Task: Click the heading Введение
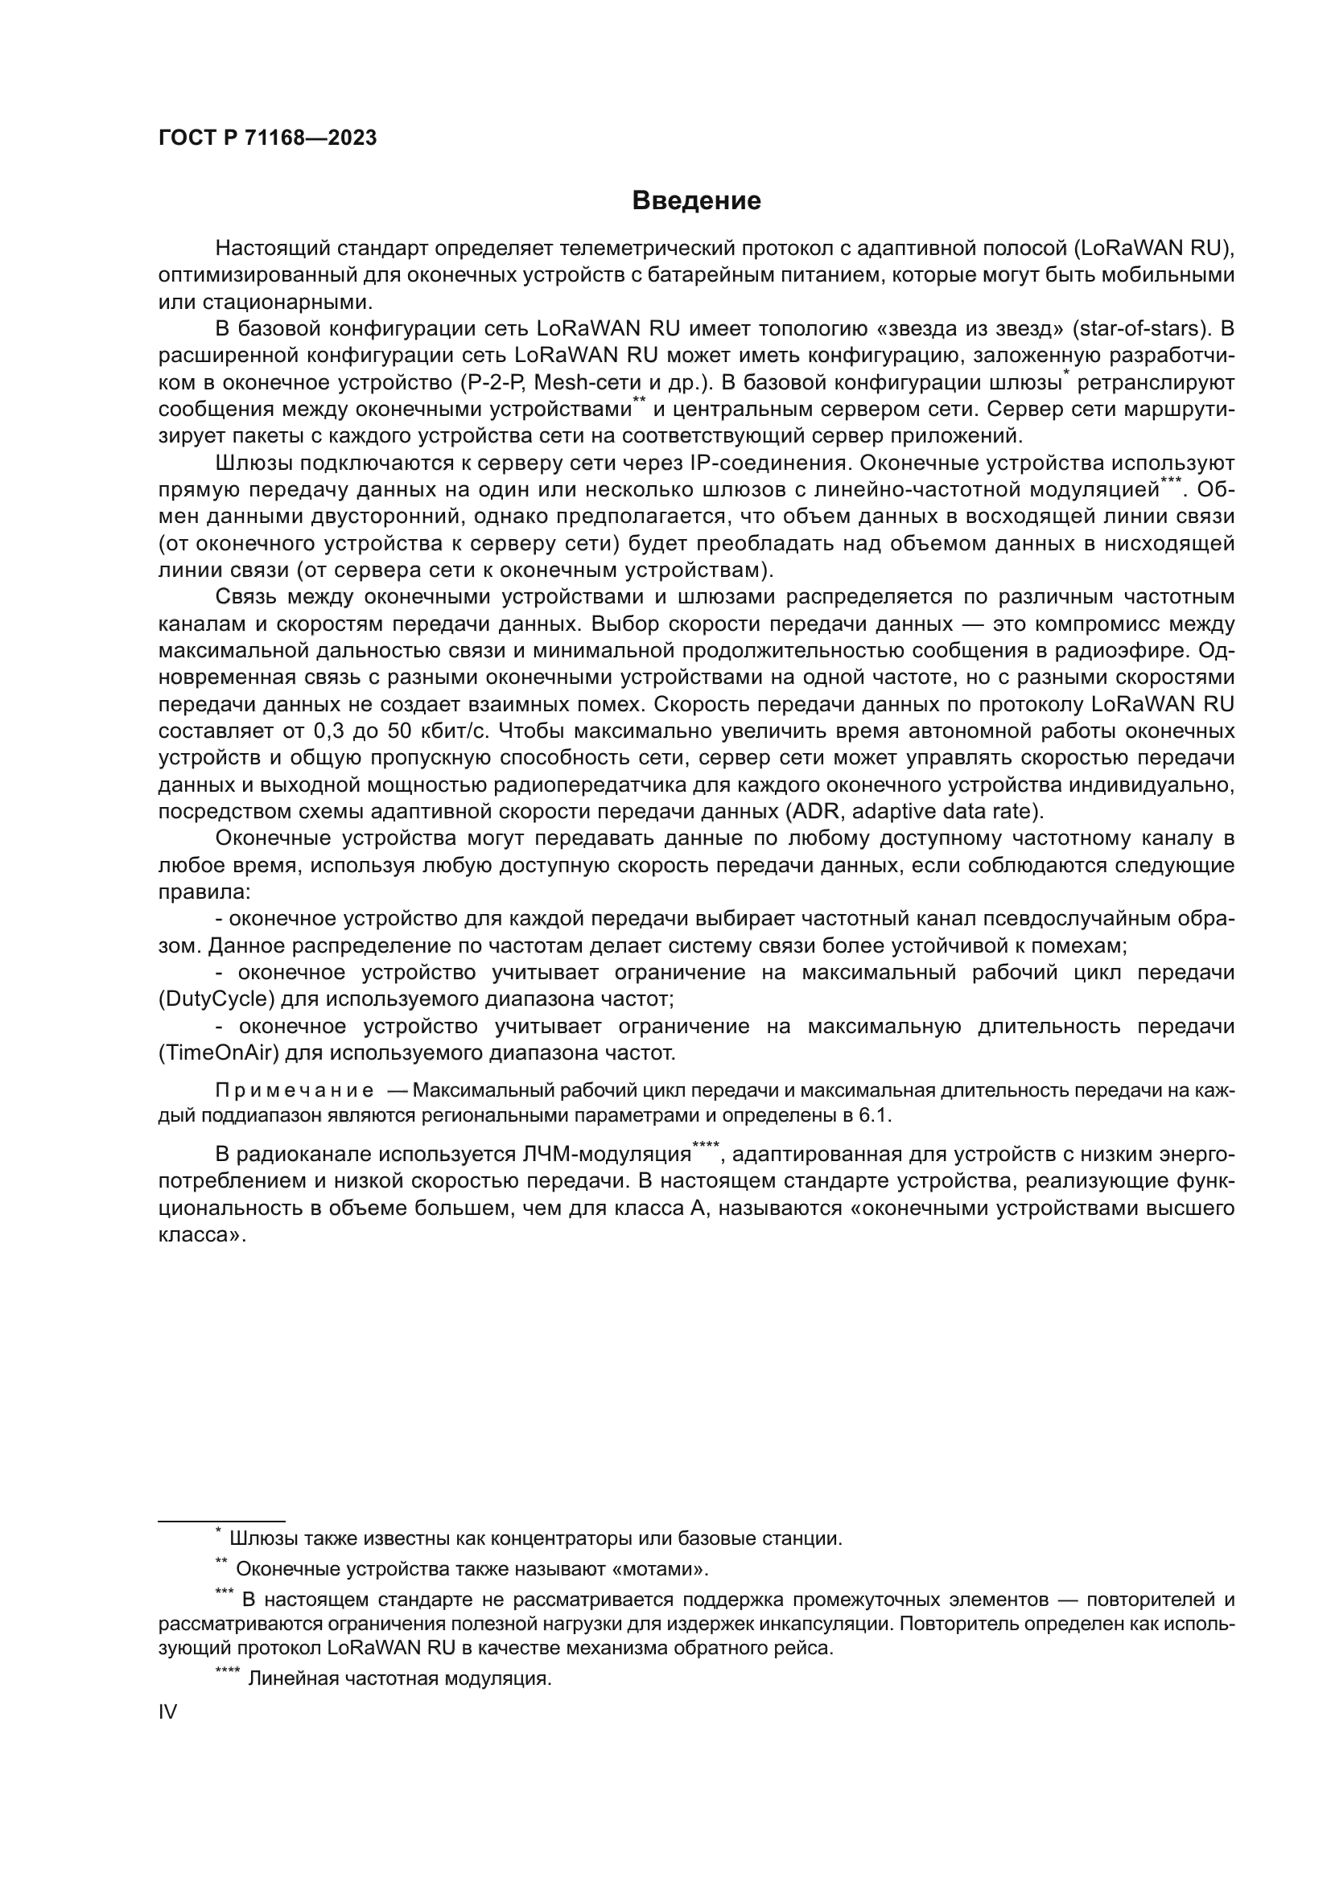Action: (x=696, y=201)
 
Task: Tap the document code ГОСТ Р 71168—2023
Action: (x=267, y=138)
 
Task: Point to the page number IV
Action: (x=167, y=1711)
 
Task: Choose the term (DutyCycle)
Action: (x=213, y=999)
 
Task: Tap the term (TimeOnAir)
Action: (x=215, y=1052)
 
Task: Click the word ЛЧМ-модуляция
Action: (x=607, y=1154)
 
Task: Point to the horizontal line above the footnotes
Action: (x=221, y=1521)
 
